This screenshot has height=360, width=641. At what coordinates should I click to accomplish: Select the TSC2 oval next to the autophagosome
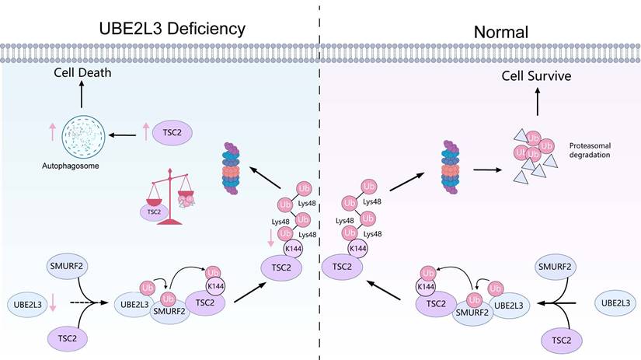pos(176,134)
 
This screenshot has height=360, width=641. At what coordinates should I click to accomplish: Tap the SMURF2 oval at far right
pos(556,267)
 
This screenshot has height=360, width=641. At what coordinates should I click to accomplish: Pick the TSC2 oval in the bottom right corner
pos(556,340)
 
